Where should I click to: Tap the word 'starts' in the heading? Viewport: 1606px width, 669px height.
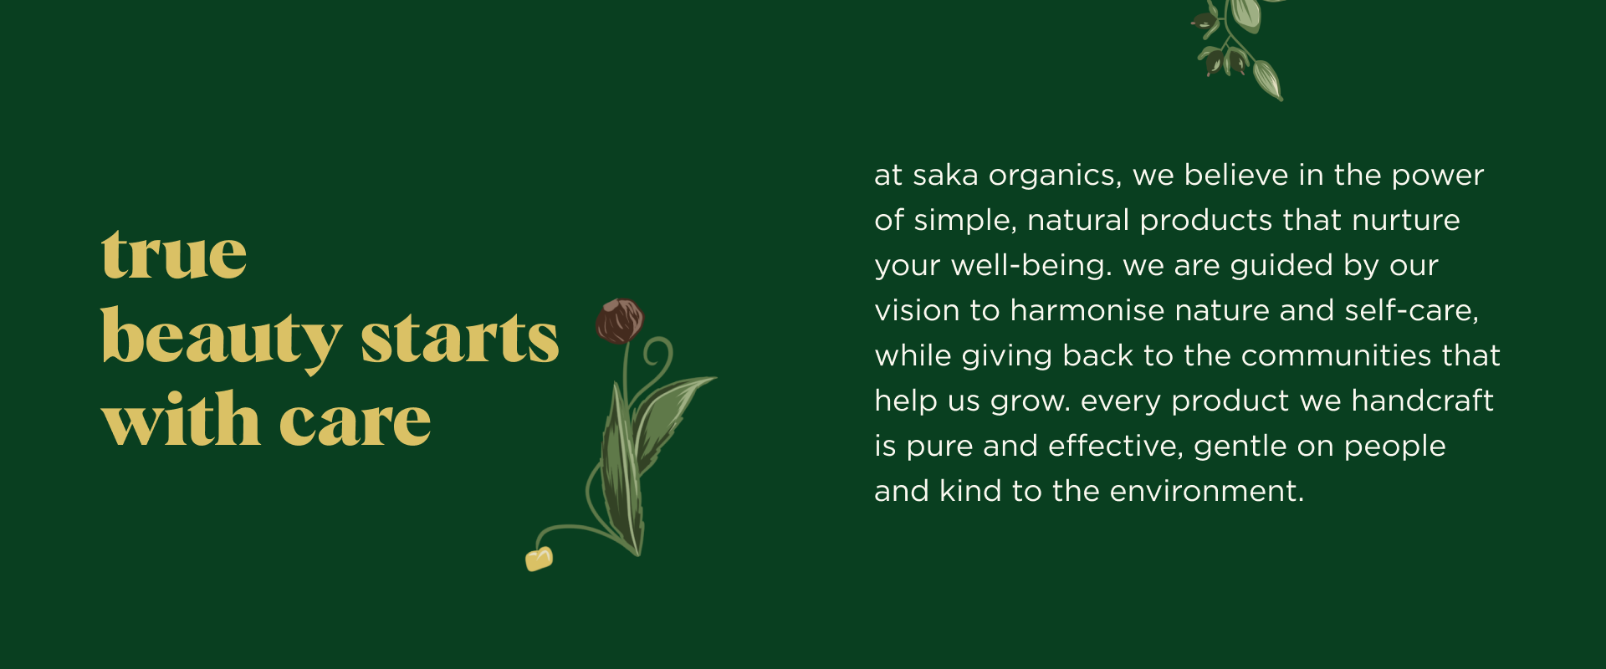coord(460,338)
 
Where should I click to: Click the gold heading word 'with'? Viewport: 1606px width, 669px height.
coord(181,418)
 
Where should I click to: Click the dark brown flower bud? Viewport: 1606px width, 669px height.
coord(620,321)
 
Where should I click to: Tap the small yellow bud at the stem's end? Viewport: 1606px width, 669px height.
coord(539,559)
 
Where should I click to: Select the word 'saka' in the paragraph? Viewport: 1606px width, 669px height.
coord(945,176)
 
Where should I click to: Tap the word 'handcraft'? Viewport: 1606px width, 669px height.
coord(1422,401)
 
